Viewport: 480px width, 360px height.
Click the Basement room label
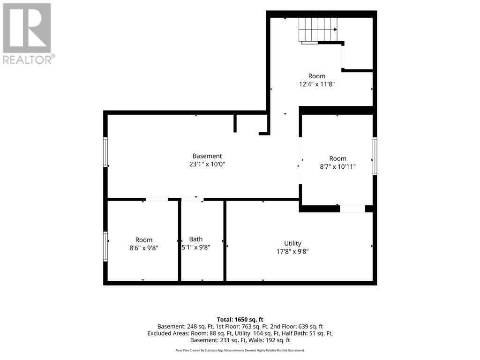click(x=207, y=156)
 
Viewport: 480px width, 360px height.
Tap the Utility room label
click(x=292, y=243)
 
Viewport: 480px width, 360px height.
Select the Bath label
click(x=196, y=239)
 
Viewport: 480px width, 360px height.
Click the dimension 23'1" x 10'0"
click(x=207, y=164)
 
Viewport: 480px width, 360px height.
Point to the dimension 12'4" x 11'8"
click(x=317, y=84)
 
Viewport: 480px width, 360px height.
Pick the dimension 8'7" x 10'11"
click(x=338, y=166)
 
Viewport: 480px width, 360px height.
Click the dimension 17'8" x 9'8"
click(x=292, y=252)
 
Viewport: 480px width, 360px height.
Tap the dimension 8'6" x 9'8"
click(x=144, y=248)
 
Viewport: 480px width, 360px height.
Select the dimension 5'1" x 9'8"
click(x=196, y=247)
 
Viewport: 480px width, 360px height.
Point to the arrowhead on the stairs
click(x=336, y=30)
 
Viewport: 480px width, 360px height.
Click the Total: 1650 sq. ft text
click(x=240, y=320)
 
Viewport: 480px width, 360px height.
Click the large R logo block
click(x=27, y=28)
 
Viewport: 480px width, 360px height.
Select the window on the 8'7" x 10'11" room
click(x=375, y=156)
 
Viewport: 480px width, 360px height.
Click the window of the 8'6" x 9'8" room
click(x=105, y=247)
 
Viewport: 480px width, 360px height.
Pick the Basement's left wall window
click(x=105, y=152)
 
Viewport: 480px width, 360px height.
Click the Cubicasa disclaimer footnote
click(x=240, y=350)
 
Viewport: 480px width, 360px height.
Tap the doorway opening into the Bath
click(x=193, y=200)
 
